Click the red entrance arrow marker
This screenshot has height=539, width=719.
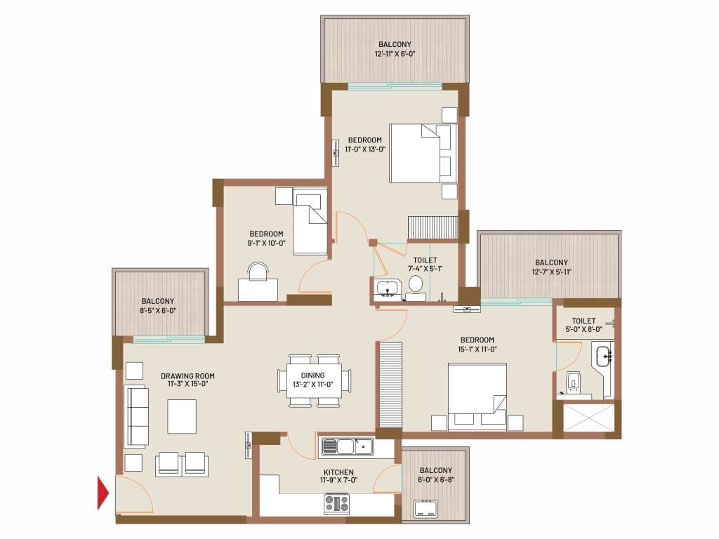pyautogui.click(x=103, y=493)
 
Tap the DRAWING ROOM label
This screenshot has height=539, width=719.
pyautogui.click(x=187, y=376)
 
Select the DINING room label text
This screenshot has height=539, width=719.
pyautogui.click(x=312, y=375)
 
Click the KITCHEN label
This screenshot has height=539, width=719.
pyautogui.click(x=338, y=472)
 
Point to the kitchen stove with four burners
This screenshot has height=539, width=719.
pyautogui.click(x=337, y=503)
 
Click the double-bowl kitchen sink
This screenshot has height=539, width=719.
pyautogui.click(x=347, y=446)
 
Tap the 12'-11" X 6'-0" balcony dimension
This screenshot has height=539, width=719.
pyautogui.click(x=395, y=53)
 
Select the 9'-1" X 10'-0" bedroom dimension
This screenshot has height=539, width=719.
pyautogui.click(x=266, y=243)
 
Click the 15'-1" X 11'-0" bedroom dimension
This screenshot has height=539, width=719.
pyautogui.click(x=477, y=349)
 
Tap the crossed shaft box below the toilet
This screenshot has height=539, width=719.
pyautogui.click(x=588, y=418)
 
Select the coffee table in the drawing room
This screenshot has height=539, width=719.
pyautogui.click(x=182, y=417)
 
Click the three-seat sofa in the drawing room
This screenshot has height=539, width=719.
pyautogui.click(x=136, y=417)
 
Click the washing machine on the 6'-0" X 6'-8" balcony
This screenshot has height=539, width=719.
pyautogui.click(x=426, y=509)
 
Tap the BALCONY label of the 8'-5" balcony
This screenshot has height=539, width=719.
pyautogui.click(x=158, y=301)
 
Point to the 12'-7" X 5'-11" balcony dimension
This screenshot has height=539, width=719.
pyautogui.click(x=551, y=272)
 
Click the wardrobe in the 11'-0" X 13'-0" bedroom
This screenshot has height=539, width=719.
pyautogui.click(x=433, y=228)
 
